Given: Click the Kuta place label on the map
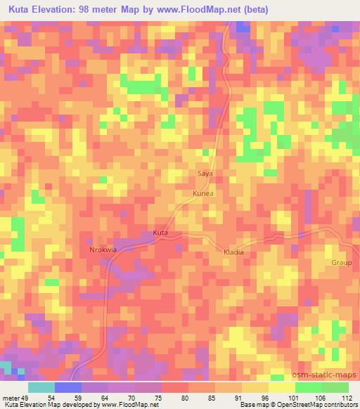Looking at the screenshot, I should point(160,233).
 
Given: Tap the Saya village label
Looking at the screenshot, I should point(205,173).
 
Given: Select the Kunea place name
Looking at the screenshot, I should point(202,192).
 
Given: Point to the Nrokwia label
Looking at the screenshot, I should point(102,249).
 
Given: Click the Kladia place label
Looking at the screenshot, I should point(236,252).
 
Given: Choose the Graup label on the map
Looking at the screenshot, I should point(341,262).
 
